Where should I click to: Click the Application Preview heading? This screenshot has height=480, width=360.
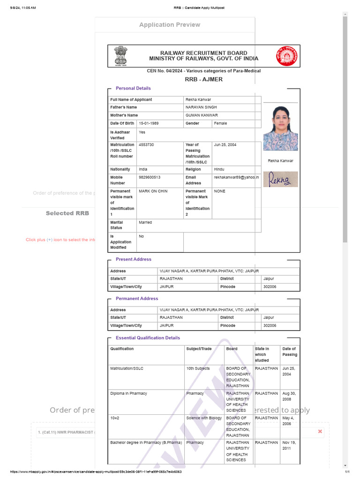(x=169, y=25)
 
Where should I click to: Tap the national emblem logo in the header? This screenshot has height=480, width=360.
(x=121, y=56)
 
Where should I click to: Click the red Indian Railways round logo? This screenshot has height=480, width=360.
(x=286, y=56)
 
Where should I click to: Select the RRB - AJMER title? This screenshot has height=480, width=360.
(x=203, y=79)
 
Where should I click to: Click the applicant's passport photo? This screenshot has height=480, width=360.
(x=280, y=128)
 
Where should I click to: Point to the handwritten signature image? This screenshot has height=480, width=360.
(x=280, y=179)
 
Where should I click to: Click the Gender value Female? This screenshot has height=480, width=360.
(x=220, y=123)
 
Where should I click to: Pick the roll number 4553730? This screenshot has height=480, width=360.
(x=146, y=145)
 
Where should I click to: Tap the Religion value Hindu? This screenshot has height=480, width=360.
(x=219, y=169)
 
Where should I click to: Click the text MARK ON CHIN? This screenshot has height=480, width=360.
(x=153, y=191)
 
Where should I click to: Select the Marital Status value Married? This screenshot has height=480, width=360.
(x=145, y=222)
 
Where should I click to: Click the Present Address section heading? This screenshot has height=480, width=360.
(x=134, y=259)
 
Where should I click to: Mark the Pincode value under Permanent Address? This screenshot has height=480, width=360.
(x=270, y=325)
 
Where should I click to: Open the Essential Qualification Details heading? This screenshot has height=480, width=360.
(x=148, y=338)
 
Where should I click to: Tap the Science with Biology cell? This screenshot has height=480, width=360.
(x=204, y=418)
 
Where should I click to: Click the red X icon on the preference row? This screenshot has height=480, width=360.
(x=320, y=431)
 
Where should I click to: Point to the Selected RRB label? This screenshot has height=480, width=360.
(x=67, y=213)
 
